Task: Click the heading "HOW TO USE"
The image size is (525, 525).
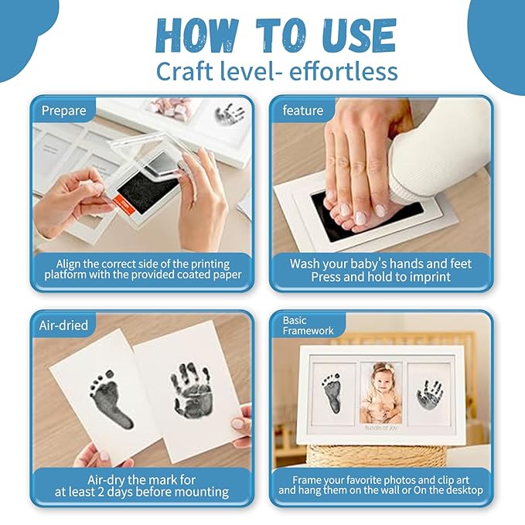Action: pos(276,36)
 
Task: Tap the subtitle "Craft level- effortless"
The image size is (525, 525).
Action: pos(277,71)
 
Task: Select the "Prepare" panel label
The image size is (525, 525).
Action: pos(63,111)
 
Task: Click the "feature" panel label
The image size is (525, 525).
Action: pos(303,111)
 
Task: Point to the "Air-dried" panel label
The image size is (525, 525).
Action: pos(63,326)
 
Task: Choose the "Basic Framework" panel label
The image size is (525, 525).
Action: pos(308,326)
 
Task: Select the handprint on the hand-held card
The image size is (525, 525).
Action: pos(192,390)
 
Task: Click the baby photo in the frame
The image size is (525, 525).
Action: pos(381,393)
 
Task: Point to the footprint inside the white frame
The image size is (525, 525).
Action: pos(332,393)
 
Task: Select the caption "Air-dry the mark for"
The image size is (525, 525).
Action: pos(141,480)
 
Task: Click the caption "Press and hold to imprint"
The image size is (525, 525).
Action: pos(381,277)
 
